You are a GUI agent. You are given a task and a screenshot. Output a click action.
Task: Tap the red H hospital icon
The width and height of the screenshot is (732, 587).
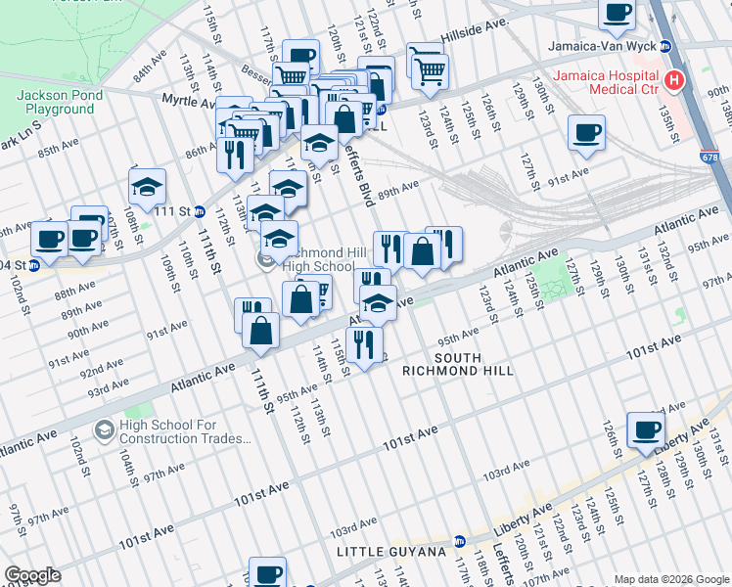673,80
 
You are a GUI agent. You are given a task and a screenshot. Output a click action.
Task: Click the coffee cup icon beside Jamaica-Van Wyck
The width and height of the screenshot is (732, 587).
617,13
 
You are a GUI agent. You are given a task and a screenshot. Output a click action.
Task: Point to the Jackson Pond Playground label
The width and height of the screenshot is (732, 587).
55,102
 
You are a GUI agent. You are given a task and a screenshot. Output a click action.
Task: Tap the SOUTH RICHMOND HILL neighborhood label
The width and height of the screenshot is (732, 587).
458,364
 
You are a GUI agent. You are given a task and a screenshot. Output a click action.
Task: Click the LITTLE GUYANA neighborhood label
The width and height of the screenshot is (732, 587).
389,553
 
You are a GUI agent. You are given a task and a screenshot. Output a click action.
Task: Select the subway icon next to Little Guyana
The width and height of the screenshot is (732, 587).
459,540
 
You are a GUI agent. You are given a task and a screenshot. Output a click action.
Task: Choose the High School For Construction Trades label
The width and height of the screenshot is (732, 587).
186,431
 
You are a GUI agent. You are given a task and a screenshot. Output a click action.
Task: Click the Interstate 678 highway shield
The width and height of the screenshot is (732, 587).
708,156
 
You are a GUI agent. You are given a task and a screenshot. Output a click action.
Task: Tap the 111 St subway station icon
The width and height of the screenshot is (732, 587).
199,211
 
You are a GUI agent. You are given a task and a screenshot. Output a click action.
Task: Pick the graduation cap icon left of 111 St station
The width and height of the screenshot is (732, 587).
147,186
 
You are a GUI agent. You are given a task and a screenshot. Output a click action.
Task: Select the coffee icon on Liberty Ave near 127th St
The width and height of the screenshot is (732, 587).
645,429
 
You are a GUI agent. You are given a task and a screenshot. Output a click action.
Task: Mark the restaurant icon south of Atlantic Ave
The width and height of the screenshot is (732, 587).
364,343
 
